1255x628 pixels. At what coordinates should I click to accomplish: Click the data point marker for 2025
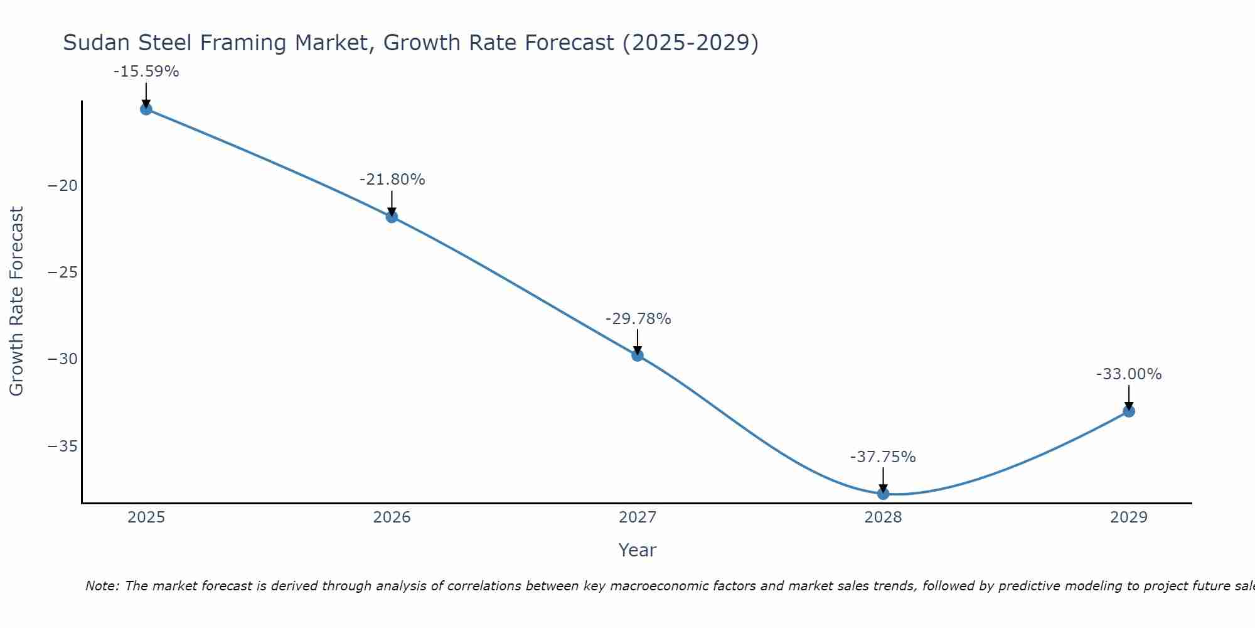tap(146, 109)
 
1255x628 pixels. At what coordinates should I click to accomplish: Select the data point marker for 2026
tap(392, 217)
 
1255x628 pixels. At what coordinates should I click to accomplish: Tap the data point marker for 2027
tap(638, 355)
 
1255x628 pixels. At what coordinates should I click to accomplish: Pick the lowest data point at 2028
tap(883, 494)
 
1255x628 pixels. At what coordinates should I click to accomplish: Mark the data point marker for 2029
tap(1129, 411)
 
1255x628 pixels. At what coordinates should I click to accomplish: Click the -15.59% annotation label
tap(146, 72)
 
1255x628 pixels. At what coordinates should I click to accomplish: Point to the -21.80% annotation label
tap(392, 180)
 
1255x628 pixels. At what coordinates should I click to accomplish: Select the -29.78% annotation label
tap(638, 319)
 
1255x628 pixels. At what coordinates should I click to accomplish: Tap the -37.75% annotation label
tap(883, 457)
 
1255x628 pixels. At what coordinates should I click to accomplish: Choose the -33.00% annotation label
tap(1129, 374)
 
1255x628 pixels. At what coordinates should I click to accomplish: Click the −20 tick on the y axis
tap(63, 186)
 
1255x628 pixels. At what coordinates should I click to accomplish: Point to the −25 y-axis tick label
tap(63, 273)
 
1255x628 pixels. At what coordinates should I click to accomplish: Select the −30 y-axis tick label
tap(63, 359)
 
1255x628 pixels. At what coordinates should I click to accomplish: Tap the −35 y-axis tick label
tap(63, 447)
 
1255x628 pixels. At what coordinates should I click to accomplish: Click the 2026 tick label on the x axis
tap(392, 517)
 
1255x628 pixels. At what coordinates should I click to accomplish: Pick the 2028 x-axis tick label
tap(883, 517)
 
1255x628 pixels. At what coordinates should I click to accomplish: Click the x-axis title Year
tap(637, 550)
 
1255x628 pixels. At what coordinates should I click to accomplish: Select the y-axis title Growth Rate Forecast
tap(16, 301)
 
